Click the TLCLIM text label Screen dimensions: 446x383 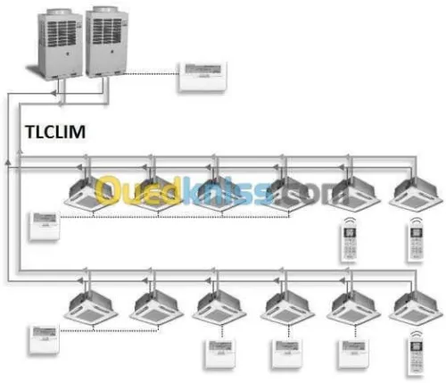[x=55, y=132]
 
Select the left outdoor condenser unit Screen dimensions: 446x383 [x=61, y=44]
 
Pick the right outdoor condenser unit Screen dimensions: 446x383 [x=107, y=41]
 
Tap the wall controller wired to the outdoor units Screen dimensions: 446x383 [x=202, y=77]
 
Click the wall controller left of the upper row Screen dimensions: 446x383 [x=45, y=225]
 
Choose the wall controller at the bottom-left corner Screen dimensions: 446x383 [x=44, y=340]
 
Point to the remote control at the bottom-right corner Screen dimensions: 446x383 [x=416, y=354]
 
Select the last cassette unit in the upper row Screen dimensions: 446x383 [x=416, y=195]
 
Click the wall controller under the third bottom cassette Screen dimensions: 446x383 [x=219, y=354]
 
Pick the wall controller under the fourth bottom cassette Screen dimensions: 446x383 [x=286, y=354]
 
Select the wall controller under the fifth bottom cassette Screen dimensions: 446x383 [x=353, y=354]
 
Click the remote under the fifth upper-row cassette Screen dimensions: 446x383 [x=349, y=240]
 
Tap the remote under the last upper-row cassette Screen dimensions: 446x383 [x=416, y=240]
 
